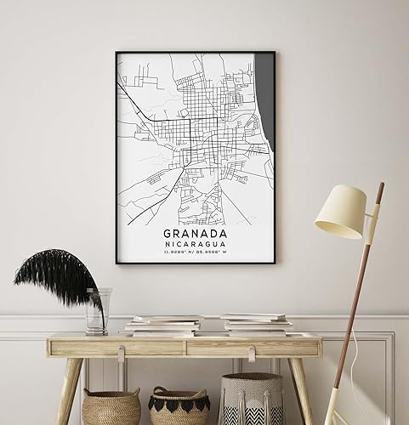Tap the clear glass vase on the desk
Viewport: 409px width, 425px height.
click(x=98, y=311)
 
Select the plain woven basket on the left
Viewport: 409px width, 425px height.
click(x=111, y=406)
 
